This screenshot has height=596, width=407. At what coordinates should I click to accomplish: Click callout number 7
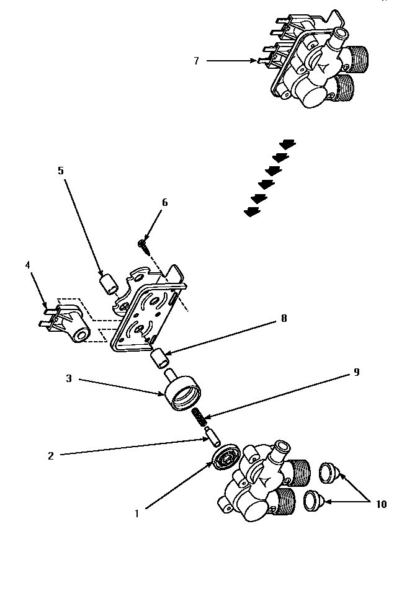pos(196,61)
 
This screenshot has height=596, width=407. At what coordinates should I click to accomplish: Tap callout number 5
pos(61,170)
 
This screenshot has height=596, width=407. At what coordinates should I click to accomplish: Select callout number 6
pos(164,203)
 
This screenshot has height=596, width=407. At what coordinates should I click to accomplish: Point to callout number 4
pos(27,265)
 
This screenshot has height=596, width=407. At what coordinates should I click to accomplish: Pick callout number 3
pos(69,378)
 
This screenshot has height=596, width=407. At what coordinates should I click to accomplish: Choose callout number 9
pos(356,372)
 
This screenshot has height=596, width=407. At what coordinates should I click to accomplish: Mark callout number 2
pos(51,456)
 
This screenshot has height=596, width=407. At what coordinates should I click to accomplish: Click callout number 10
pos(380,504)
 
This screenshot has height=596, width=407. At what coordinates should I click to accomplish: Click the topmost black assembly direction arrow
pos(287,144)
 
